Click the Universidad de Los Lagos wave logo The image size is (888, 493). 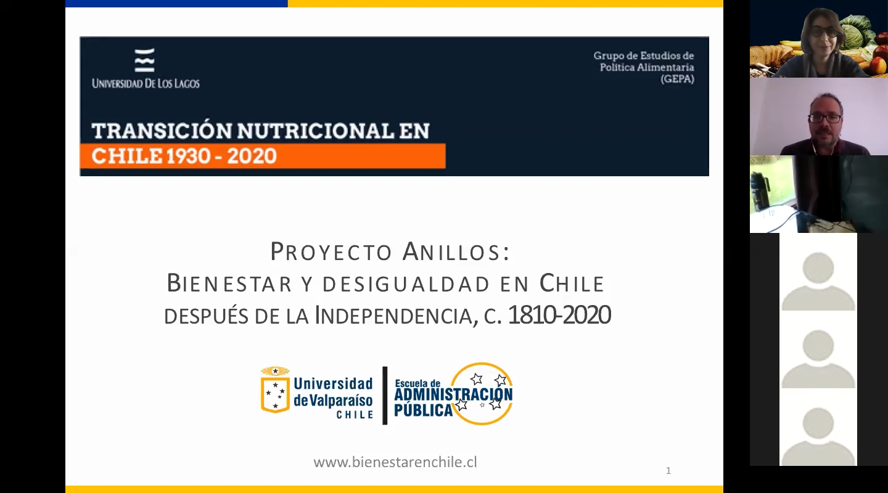pyautogui.click(x=145, y=60)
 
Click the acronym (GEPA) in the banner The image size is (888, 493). pyautogui.click(x=677, y=79)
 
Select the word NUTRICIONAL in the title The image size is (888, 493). pyautogui.click(x=316, y=131)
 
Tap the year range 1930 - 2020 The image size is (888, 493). pyautogui.click(x=221, y=156)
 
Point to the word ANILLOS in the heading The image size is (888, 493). pyautogui.click(x=456, y=251)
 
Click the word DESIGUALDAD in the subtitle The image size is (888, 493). pyautogui.click(x=406, y=284)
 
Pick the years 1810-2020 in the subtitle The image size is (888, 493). pyautogui.click(x=559, y=315)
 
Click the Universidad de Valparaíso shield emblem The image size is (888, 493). pyautogui.click(x=275, y=389)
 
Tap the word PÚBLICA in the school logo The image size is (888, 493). pyautogui.click(x=423, y=410)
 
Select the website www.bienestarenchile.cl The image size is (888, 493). pyautogui.click(x=395, y=462)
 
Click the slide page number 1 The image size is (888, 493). pyautogui.click(x=668, y=470)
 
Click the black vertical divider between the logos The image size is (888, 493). pyautogui.click(x=385, y=396)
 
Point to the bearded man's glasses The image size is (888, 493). pyautogui.click(x=825, y=118)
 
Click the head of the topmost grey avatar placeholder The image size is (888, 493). pyautogui.click(x=818, y=268)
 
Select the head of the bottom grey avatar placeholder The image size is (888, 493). pyautogui.click(x=818, y=423)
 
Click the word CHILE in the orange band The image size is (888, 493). pyautogui.click(x=127, y=156)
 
